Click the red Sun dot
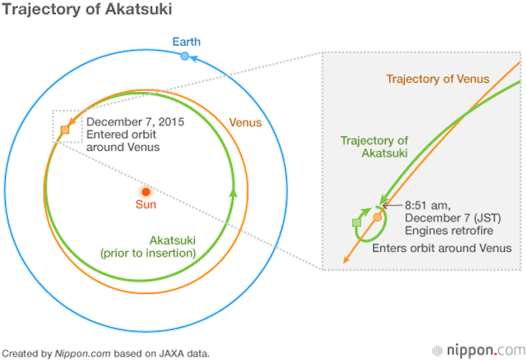(146, 192)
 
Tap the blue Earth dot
(185, 56)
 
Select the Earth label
(186, 42)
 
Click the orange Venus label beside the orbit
(245, 123)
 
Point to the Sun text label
(146, 204)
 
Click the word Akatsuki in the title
(138, 9)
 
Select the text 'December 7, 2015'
(135, 122)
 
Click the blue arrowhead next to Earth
(193, 59)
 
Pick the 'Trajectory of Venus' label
(438, 79)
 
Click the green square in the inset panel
(357, 222)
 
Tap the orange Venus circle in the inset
(377, 217)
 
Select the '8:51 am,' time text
(428, 205)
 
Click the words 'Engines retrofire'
(449, 231)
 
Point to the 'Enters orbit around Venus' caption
(442, 248)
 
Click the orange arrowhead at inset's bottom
(346, 259)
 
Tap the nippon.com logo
(479, 351)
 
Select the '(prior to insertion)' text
(148, 253)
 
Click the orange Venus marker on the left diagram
(65, 130)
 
